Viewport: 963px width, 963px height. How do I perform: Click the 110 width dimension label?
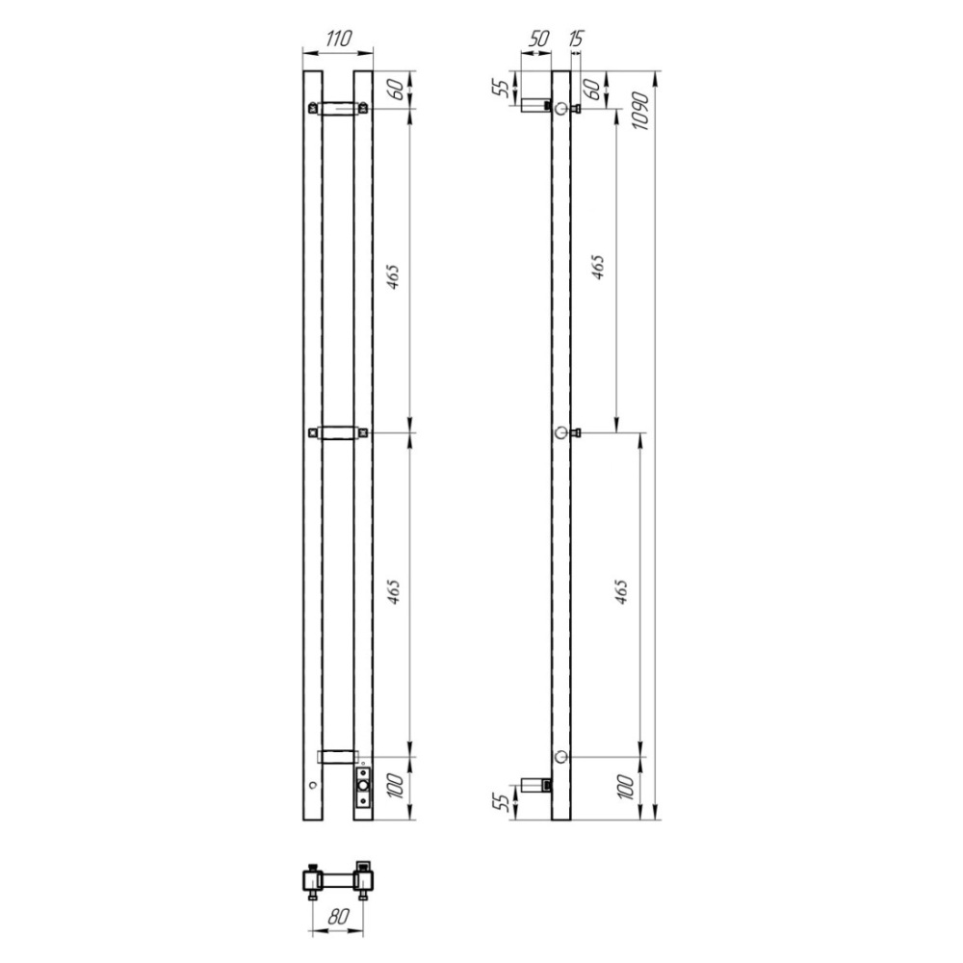[x=338, y=39]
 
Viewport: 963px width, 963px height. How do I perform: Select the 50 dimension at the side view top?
[x=538, y=39]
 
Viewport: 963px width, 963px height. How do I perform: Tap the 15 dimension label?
[x=576, y=39]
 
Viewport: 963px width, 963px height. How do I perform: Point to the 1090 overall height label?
[x=639, y=111]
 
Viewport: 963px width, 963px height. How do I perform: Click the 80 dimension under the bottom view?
[x=338, y=917]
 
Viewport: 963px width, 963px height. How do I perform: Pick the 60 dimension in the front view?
[x=398, y=90]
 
